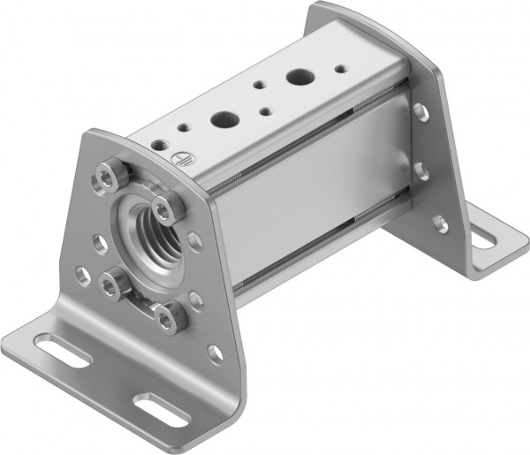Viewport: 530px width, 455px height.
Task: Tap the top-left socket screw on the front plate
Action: coord(108,179)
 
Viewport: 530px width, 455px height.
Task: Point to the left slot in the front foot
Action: coord(61,351)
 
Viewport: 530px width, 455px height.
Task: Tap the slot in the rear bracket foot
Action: coord(483,238)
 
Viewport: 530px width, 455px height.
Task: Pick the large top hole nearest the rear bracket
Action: coord(298,79)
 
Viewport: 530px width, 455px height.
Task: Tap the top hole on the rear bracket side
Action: coord(421,111)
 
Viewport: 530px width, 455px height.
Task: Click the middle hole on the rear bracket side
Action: coord(422,170)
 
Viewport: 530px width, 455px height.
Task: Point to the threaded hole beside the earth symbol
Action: coord(160,144)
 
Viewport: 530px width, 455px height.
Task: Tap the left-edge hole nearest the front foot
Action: coord(82,276)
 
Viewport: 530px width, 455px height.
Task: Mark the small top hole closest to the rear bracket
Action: coord(340,68)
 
